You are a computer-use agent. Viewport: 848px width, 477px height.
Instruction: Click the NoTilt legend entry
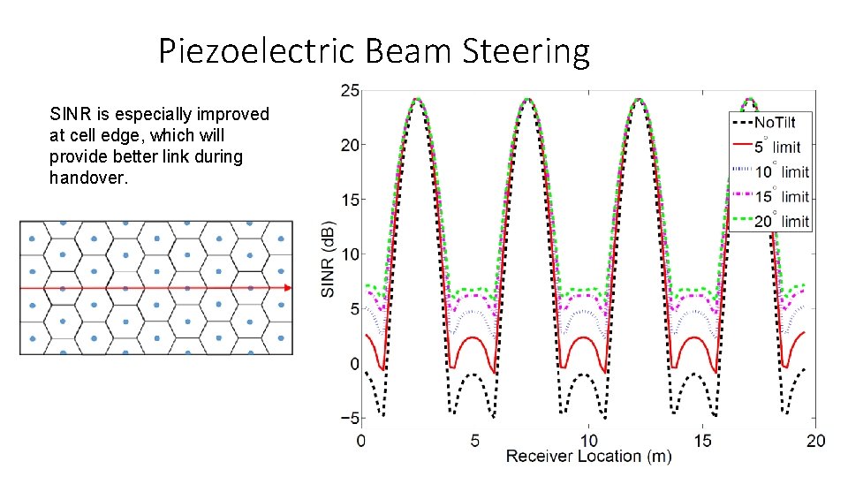pyautogui.click(x=776, y=121)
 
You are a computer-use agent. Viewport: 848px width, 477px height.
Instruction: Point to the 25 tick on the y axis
pyautogui.click(x=349, y=90)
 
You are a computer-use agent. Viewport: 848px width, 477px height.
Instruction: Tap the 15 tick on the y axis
pyautogui.click(x=349, y=200)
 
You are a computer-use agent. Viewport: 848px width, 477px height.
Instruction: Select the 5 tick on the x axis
pyautogui.click(x=475, y=439)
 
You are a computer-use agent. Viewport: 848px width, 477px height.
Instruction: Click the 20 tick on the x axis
pyautogui.click(x=815, y=439)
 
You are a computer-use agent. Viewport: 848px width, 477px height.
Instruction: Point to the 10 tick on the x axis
pyautogui.click(x=588, y=439)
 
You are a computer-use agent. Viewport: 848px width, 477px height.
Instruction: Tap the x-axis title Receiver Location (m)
pyautogui.click(x=588, y=457)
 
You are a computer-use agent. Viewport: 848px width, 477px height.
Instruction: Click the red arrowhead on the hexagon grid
pyautogui.click(x=288, y=288)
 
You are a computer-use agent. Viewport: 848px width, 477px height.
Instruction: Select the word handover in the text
pyautogui.click(x=88, y=178)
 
